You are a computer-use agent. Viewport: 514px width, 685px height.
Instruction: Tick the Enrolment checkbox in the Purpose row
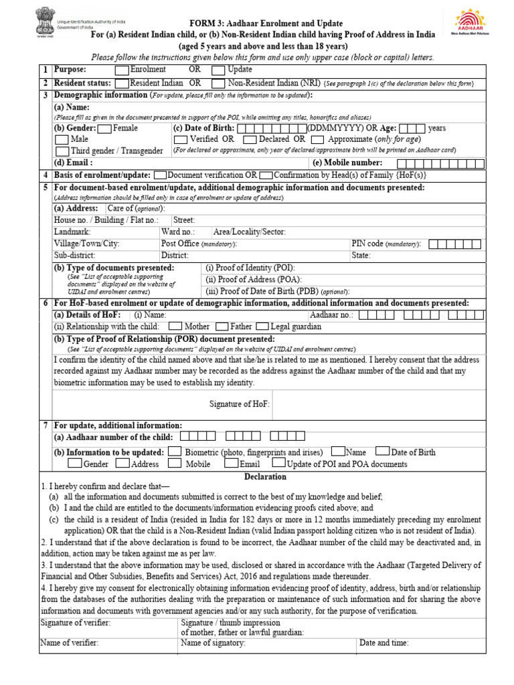point(122,70)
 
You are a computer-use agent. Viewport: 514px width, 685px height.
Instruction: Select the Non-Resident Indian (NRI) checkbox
point(218,84)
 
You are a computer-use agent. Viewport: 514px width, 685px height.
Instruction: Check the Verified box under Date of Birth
point(180,140)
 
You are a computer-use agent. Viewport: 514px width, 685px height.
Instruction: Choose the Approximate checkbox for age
point(319,140)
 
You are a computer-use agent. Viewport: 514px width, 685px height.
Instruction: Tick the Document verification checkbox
point(160,175)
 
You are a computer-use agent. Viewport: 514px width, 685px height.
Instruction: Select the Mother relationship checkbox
point(175,327)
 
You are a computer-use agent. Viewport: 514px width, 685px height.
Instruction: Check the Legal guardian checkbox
point(262,327)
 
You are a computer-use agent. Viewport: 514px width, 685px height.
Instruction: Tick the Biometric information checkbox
point(175,452)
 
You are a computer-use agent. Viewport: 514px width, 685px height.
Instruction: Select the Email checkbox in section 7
point(231,464)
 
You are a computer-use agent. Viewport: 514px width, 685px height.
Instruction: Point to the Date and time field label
point(384,643)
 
